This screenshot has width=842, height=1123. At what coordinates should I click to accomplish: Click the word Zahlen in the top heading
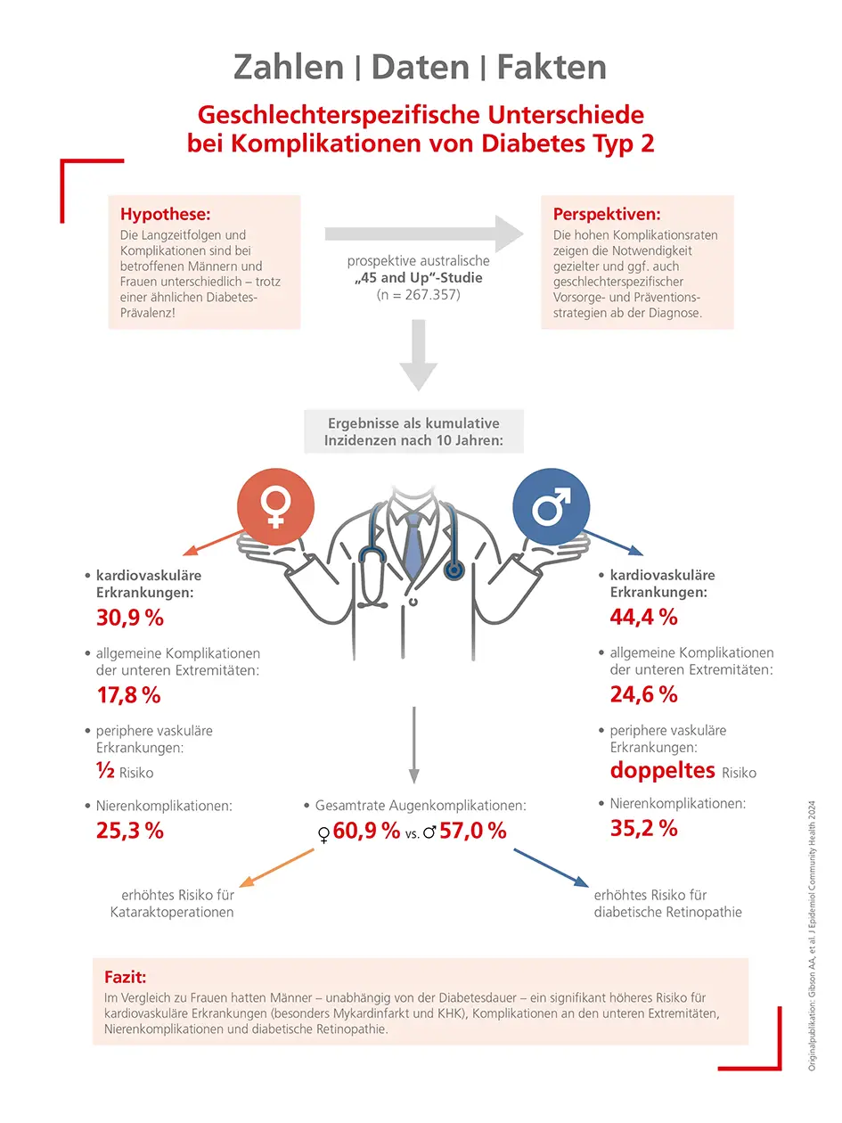tap(288, 67)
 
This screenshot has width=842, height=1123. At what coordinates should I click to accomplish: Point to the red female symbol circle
tap(274, 504)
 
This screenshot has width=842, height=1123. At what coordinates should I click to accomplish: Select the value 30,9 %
tap(130, 617)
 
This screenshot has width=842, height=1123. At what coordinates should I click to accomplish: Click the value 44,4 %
tap(643, 616)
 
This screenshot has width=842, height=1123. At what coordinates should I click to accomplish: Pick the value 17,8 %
tap(129, 694)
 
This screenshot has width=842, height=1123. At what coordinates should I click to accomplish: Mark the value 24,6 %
tap(643, 693)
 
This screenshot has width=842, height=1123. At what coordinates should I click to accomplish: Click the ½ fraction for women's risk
tap(104, 771)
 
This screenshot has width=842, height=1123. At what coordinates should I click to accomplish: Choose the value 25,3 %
tap(130, 831)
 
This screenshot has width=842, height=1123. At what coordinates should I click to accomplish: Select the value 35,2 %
tap(643, 828)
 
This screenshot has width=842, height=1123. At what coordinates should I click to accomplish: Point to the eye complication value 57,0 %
tap(472, 832)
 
